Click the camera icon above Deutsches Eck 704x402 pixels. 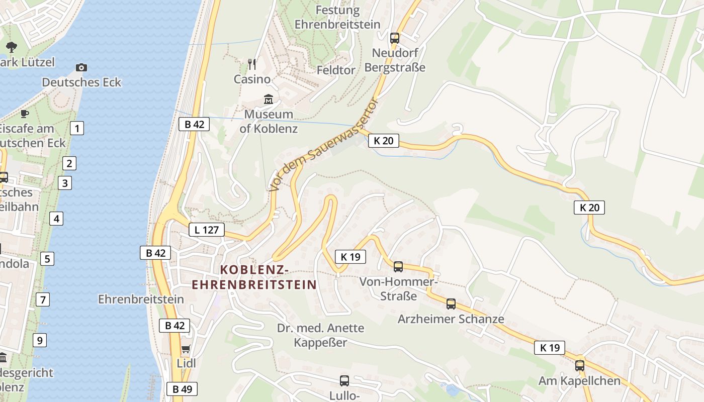(x=81, y=67)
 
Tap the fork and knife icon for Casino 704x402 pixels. (x=252, y=64)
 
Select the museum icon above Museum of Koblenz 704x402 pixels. (x=269, y=99)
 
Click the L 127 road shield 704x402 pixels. (x=206, y=230)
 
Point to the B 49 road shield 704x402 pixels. (x=182, y=388)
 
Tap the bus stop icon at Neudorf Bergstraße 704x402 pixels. (x=395, y=38)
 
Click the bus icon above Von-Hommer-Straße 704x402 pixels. (x=398, y=266)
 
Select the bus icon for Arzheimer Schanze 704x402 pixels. (x=451, y=304)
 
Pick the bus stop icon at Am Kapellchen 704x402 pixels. (x=579, y=365)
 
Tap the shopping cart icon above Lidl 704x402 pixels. (x=186, y=349)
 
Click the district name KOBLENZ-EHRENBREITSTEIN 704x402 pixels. (x=254, y=277)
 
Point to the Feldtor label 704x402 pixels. (x=336, y=70)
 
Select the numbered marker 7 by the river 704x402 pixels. (x=43, y=300)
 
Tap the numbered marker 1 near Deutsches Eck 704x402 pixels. (x=76, y=128)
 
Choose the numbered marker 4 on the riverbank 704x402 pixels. (x=56, y=219)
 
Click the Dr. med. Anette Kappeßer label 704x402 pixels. (x=321, y=335)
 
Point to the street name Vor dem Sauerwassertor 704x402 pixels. (x=323, y=145)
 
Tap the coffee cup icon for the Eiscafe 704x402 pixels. (x=24, y=114)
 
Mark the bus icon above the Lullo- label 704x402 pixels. (x=344, y=380)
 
